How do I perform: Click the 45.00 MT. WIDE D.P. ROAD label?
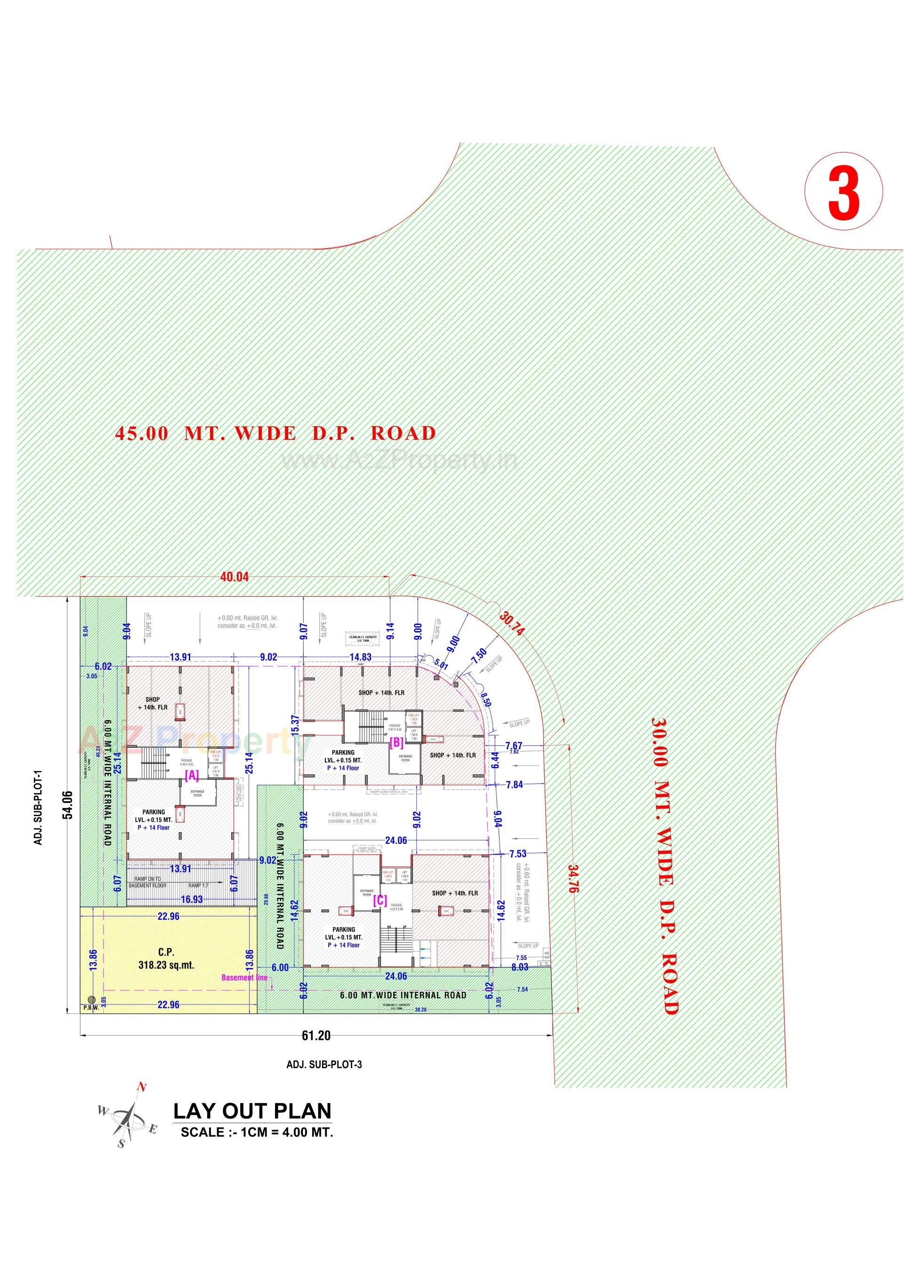click(275, 433)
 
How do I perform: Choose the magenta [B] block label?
click(396, 742)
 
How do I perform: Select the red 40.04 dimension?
click(234, 577)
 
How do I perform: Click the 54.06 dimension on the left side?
click(68, 805)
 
